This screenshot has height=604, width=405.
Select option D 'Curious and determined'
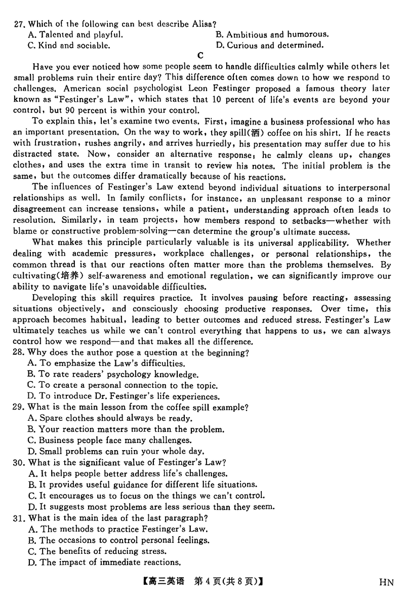tap(269, 46)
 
